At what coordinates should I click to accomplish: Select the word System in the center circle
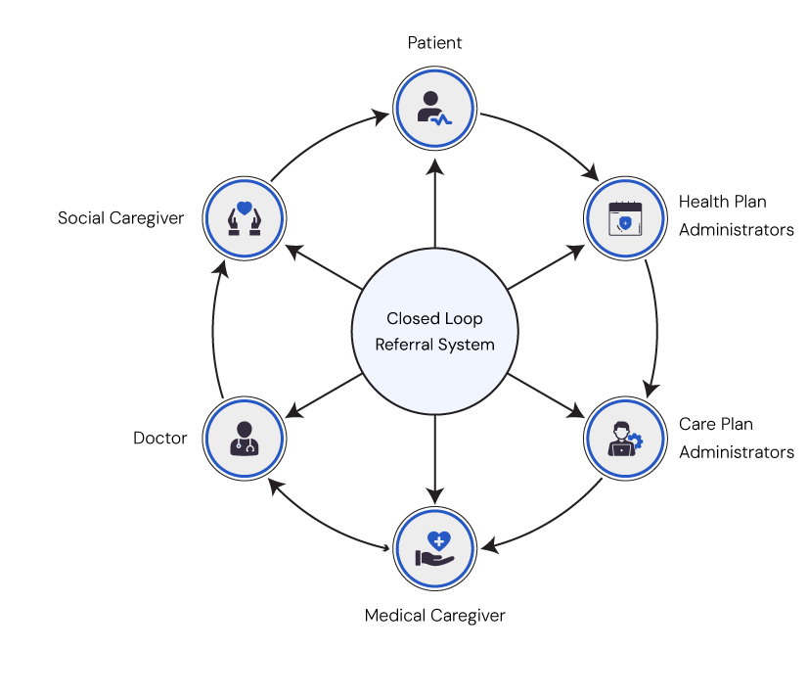(467, 345)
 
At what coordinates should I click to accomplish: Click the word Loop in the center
(464, 319)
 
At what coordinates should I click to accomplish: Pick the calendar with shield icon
(624, 218)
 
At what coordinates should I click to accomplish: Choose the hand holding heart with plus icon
(434, 548)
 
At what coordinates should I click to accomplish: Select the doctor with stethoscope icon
(245, 438)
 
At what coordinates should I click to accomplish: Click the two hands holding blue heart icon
(245, 216)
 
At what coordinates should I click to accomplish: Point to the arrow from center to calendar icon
(546, 266)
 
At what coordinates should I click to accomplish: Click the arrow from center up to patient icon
(434, 201)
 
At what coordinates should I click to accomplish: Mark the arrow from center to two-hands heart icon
(323, 266)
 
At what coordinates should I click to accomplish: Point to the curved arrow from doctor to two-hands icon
(219, 328)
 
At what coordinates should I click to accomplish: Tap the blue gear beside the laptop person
(637, 441)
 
